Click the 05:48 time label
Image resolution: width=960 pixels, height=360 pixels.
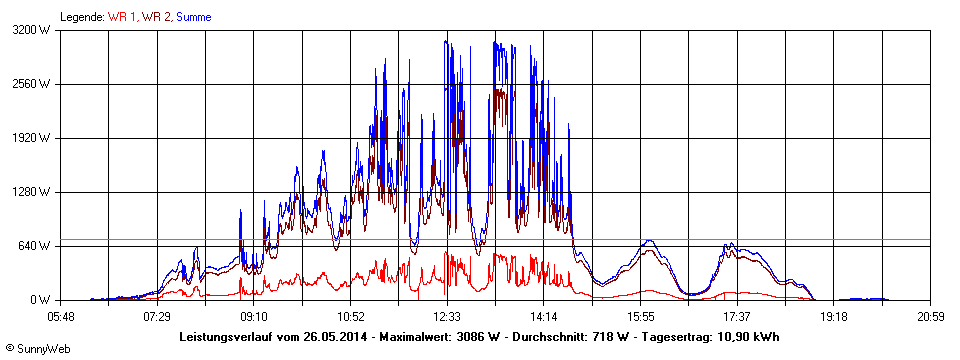[60, 316]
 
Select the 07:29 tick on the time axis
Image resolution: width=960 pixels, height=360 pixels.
[157, 316]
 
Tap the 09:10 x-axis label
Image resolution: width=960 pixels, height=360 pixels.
[254, 316]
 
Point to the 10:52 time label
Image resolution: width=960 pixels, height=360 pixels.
[350, 316]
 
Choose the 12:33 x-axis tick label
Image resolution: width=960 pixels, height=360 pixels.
[447, 316]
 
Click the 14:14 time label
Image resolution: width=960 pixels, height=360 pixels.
[544, 316]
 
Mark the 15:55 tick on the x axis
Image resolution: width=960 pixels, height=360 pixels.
[640, 316]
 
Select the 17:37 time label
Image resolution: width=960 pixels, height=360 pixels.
[737, 316]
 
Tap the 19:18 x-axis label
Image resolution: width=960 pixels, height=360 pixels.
[834, 316]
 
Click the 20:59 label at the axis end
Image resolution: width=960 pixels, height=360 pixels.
[930, 316]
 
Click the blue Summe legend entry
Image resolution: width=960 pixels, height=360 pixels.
[193, 16]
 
